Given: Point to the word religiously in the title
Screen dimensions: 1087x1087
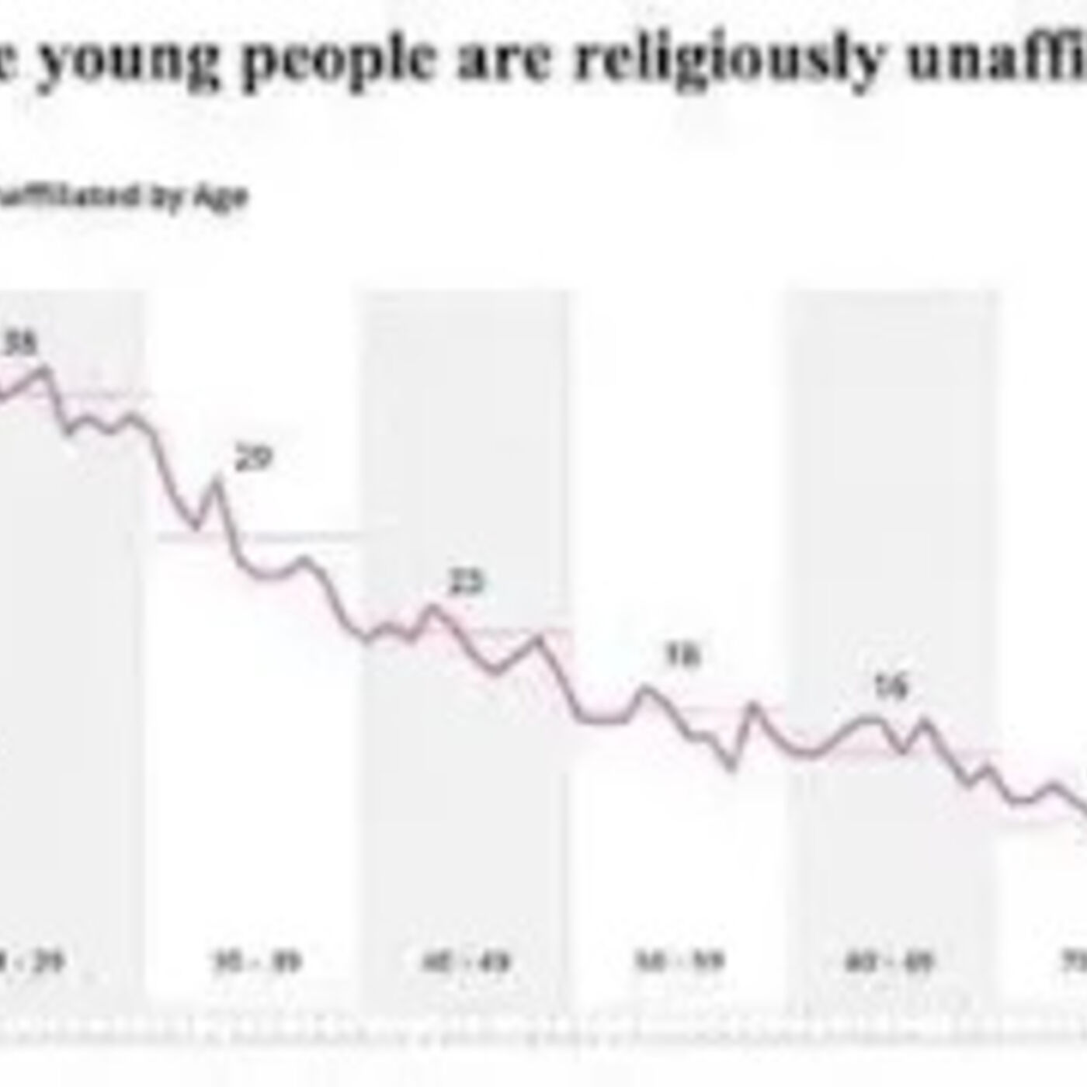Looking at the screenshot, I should tap(730, 62).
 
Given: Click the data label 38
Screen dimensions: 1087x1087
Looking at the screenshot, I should tap(21, 344).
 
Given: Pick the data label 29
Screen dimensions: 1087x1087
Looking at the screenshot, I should tap(254, 459).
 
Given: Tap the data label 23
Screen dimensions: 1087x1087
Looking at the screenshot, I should tap(467, 582).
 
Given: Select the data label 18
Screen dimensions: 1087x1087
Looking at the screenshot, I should tap(683, 656).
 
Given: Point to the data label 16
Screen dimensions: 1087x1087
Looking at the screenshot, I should tap(891, 687).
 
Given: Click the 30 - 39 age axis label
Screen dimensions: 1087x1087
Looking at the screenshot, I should tap(257, 963).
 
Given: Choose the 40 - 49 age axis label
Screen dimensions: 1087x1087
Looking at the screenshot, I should tap(466, 963).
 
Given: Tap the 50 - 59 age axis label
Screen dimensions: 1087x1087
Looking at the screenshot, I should tap(679, 963).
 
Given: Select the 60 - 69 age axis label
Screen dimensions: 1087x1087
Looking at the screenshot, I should tap(889, 963).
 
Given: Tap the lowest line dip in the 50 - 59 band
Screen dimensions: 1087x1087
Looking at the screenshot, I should tap(731, 767).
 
